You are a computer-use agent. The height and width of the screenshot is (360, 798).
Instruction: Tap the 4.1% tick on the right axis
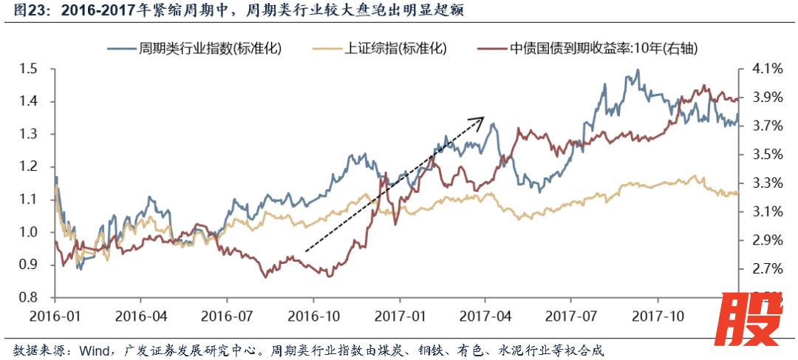click(765, 69)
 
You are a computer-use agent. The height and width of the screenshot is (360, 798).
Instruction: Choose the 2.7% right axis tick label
click(765, 269)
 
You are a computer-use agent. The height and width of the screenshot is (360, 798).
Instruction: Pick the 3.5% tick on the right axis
click(765, 154)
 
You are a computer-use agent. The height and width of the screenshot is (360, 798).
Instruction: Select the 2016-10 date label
click(313, 316)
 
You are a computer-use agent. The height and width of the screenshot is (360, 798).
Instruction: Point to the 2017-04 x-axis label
click(485, 316)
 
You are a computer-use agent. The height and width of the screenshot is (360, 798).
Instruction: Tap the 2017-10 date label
click(657, 316)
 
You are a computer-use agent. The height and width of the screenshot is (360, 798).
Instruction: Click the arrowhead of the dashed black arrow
click(481, 118)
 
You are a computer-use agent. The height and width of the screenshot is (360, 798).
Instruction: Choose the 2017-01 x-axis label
click(399, 316)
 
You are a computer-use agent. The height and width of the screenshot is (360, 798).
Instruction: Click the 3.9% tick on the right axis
click(765, 98)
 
